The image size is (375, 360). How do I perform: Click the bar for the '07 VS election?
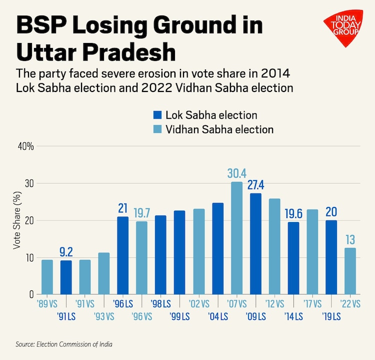[236, 238]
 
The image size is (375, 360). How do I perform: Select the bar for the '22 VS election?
[350, 270]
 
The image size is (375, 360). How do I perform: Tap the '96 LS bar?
[122, 255]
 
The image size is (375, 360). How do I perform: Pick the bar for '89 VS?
[47, 277]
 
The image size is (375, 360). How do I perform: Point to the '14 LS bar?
[293, 258]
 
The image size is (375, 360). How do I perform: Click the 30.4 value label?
[236, 173]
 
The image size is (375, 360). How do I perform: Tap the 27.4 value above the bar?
[255, 184]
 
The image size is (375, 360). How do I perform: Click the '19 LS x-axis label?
[331, 316]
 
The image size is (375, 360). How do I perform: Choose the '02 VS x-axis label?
[198, 303]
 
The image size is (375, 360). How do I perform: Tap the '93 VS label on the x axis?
[103, 316]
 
